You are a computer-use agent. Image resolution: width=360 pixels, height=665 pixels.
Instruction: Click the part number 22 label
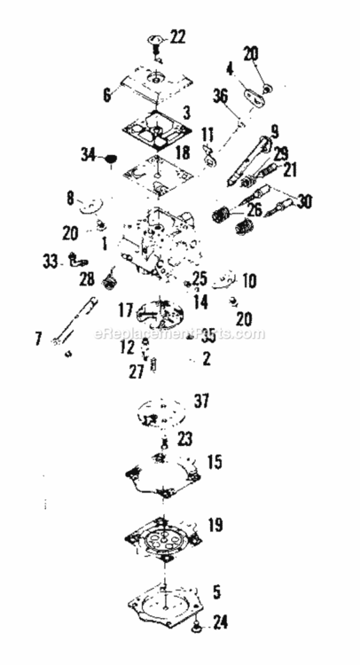[178, 37]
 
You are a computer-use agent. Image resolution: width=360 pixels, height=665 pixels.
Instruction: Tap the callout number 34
[89, 155]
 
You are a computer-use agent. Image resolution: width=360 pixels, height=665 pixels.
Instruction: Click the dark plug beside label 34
[112, 160]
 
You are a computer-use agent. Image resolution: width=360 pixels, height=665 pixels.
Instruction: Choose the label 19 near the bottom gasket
[215, 525]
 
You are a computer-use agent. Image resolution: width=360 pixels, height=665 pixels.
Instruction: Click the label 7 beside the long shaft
[62, 337]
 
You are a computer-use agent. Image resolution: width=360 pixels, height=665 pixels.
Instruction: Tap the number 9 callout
[274, 129]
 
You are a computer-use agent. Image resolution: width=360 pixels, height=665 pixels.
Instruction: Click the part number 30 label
[304, 201]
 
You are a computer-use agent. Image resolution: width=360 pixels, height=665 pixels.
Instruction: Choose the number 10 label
[249, 281]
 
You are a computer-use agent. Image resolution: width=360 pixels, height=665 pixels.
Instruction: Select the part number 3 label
[185, 114]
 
